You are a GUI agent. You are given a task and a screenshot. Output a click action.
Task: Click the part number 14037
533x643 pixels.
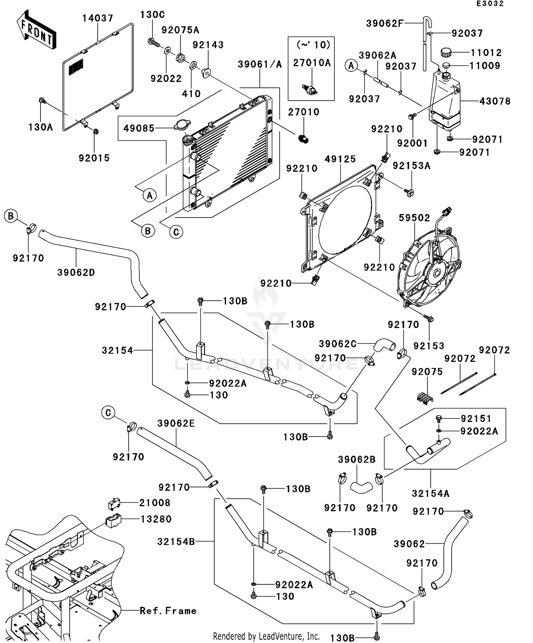pos(98,18)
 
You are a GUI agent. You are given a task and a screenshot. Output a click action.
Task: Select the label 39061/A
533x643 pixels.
pos(260,64)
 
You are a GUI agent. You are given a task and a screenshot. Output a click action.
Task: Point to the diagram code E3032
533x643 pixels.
pos(490,4)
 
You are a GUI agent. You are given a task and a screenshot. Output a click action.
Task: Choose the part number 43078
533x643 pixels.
pos(495,101)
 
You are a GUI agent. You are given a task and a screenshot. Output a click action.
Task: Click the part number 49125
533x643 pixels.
pos(340,159)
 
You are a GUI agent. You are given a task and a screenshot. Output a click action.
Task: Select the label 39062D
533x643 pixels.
pos(76,273)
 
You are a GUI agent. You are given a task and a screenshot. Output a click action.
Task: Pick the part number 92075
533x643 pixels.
pos(427,372)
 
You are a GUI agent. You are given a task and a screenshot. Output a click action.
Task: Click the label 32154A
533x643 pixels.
pos(431,494)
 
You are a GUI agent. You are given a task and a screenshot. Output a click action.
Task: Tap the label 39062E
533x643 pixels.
pos(176,423)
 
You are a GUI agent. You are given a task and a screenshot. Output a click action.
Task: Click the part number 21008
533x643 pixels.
pos(155,503)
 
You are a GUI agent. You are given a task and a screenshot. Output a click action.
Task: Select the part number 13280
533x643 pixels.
pos(156,519)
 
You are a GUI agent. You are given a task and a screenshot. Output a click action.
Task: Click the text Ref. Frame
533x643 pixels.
pos(168,611)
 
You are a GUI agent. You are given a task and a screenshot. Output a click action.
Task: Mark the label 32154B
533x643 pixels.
pos(176,542)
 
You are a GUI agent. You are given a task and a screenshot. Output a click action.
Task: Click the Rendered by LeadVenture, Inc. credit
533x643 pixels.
pos(266,636)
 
